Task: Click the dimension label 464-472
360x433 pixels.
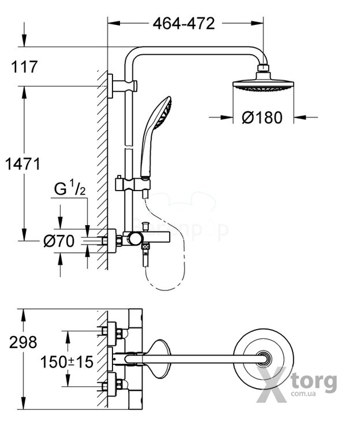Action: coord(183,24)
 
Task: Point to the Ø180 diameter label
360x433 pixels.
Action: coord(262,118)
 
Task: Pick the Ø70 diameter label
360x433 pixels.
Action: coord(59,241)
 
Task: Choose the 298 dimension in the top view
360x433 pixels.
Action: coord(23,342)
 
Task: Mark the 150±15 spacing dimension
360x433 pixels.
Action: coord(66,362)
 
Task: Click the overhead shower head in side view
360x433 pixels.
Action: coord(263,85)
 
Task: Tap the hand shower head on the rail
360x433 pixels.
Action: coord(157,115)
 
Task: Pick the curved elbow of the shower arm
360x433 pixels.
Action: coord(134,57)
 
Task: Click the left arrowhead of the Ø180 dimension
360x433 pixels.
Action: coord(227,118)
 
